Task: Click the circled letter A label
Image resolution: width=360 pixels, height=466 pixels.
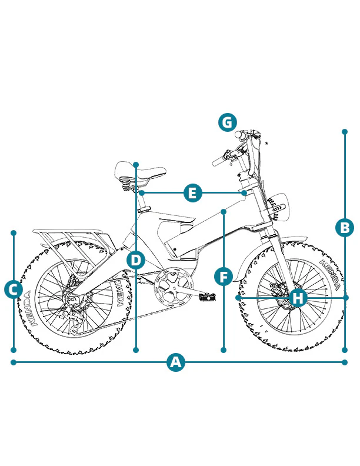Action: click(x=176, y=362)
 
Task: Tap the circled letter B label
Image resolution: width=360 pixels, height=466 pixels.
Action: click(x=345, y=228)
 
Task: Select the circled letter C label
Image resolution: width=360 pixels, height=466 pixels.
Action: click(x=14, y=289)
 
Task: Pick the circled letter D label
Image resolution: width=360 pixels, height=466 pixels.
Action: click(x=136, y=260)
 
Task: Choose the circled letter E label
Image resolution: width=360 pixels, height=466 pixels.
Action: click(x=193, y=193)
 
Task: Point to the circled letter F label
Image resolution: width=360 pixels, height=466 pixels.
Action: click(x=224, y=277)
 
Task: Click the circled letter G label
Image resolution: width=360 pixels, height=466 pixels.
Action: click(x=228, y=122)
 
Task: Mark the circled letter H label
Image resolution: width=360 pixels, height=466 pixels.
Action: click(x=298, y=298)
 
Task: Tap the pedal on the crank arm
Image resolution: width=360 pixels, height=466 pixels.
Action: click(x=207, y=297)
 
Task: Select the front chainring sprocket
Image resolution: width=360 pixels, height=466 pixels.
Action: click(x=173, y=286)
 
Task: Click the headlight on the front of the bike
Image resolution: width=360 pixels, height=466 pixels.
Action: click(x=278, y=207)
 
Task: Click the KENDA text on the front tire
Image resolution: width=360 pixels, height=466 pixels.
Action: click(x=329, y=274)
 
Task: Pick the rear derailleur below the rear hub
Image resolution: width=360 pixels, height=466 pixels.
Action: click(x=73, y=318)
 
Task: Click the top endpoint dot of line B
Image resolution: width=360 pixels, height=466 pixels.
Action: click(x=345, y=131)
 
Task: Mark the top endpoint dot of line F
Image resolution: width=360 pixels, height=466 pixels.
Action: click(x=224, y=211)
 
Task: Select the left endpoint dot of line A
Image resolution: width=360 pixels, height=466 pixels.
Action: click(x=14, y=362)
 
